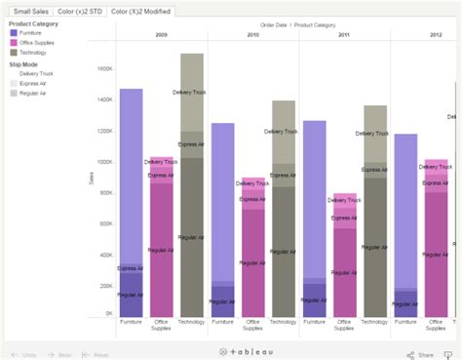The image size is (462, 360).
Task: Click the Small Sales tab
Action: click(29, 11)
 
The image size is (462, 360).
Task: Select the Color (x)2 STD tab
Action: click(80, 11)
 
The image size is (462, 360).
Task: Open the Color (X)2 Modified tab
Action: click(141, 11)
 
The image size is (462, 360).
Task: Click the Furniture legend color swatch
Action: click(14, 32)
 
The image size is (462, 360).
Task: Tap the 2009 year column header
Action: click(161, 34)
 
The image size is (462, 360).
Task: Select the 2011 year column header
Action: click(344, 34)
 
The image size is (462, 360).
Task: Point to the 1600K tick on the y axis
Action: click(104, 69)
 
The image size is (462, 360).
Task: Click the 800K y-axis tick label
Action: click(105, 192)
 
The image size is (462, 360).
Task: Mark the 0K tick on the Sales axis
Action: click(108, 314)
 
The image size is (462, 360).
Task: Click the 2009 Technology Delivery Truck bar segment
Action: click(192, 93)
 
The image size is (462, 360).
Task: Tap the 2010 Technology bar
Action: click(284, 215)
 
